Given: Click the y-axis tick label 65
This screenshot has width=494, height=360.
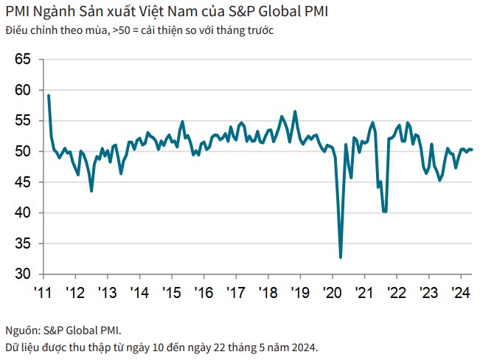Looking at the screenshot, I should pos(23,59).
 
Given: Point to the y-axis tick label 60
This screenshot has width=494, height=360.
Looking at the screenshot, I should pos(23,90).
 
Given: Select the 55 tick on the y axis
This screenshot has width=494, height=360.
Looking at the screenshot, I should pos(23,121).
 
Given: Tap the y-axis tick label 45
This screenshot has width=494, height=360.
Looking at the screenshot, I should pos(23,182).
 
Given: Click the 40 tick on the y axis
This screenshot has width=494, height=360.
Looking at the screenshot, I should pos(23,213).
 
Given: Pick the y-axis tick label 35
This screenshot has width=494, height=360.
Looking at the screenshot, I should pos(23,243).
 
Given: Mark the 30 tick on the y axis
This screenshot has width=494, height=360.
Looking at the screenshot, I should pos(23,274).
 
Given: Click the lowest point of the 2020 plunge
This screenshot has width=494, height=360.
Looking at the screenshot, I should pos(341,257).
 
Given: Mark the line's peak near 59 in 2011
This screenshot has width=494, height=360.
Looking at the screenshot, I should pos(49,95).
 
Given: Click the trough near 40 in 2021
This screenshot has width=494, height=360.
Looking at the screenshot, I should pos(385,211).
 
